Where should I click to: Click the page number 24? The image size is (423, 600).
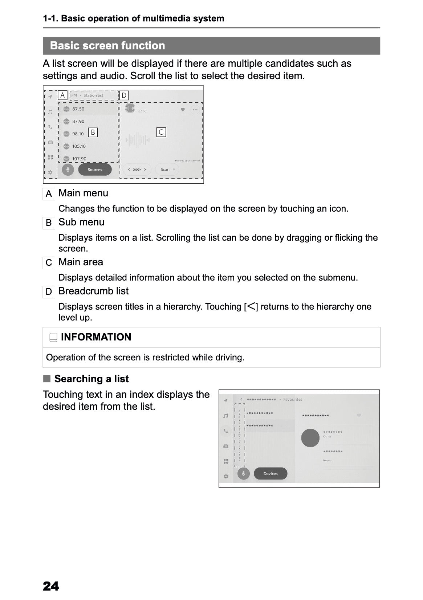point(51,586)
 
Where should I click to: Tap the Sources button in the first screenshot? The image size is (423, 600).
point(95,170)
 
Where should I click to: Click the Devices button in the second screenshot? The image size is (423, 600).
point(270,473)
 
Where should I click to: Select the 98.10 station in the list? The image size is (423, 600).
point(78,134)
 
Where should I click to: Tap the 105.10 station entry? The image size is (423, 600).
point(79,146)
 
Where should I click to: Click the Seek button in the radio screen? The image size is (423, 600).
point(137,170)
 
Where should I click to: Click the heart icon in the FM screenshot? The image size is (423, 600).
point(183,110)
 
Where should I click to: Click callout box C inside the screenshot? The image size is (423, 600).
point(161,132)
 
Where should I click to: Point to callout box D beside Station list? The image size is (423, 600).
point(124,95)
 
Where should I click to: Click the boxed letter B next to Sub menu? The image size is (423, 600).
point(49,223)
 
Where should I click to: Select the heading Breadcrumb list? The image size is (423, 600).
point(93,291)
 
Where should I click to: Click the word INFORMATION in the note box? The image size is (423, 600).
point(96,337)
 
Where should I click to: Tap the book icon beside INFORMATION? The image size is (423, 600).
point(53,337)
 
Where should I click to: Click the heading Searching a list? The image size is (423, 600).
point(91,379)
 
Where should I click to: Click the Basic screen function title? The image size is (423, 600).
point(107,46)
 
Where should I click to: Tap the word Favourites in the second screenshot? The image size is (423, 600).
point(293,399)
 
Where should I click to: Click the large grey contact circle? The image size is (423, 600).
point(310,438)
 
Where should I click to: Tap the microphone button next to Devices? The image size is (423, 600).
point(243,473)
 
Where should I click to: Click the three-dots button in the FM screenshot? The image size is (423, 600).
point(195,110)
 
